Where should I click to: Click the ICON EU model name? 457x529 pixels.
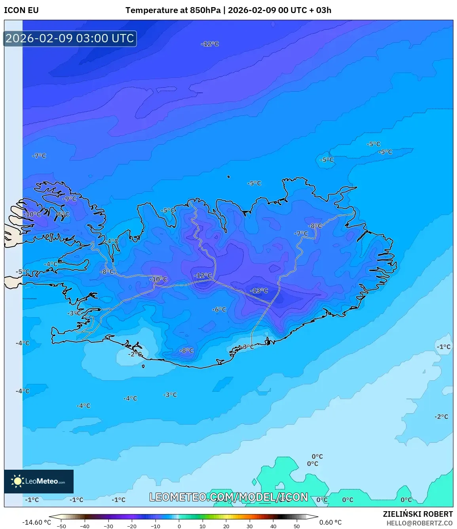point(21,10)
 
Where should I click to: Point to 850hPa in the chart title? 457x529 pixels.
point(205,10)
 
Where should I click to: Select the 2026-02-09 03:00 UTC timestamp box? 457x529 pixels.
point(70,39)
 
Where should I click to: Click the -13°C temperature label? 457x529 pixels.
point(259,291)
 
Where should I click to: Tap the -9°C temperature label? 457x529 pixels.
point(70,199)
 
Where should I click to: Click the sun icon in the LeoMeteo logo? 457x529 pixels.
point(17,481)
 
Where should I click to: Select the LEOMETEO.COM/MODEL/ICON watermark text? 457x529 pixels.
point(228,497)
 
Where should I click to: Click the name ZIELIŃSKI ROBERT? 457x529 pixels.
point(417,514)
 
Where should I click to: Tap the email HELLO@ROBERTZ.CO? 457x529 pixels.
point(419,523)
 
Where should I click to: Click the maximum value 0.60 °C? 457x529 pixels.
point(330,522)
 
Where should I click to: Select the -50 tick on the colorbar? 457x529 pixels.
point(61,526)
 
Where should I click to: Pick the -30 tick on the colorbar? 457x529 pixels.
point(108,526)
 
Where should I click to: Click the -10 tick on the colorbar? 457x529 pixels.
point(155,526)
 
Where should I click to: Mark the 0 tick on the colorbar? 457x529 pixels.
point(179,526)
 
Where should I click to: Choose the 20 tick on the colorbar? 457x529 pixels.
point(226,526)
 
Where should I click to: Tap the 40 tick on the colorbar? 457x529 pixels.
point(273,526)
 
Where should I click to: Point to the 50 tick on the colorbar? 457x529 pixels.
point(297,526)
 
